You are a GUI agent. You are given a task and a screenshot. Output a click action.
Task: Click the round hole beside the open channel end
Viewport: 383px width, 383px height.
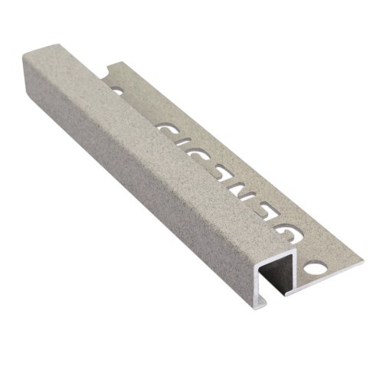pos(314,270)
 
